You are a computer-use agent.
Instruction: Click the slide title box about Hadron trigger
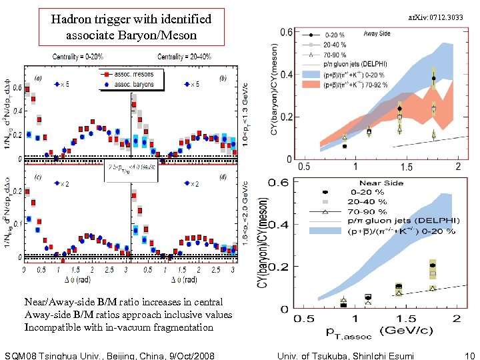coord(131,27)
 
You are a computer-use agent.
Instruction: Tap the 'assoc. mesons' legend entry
coord(131,75)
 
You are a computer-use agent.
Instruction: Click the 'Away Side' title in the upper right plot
coord(377,33)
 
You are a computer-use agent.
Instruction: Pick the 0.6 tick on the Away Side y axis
coord(285,32)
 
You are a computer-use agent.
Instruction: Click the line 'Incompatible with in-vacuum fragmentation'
coord(119,327)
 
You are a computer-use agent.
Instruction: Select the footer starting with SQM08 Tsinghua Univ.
coord(109,355)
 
